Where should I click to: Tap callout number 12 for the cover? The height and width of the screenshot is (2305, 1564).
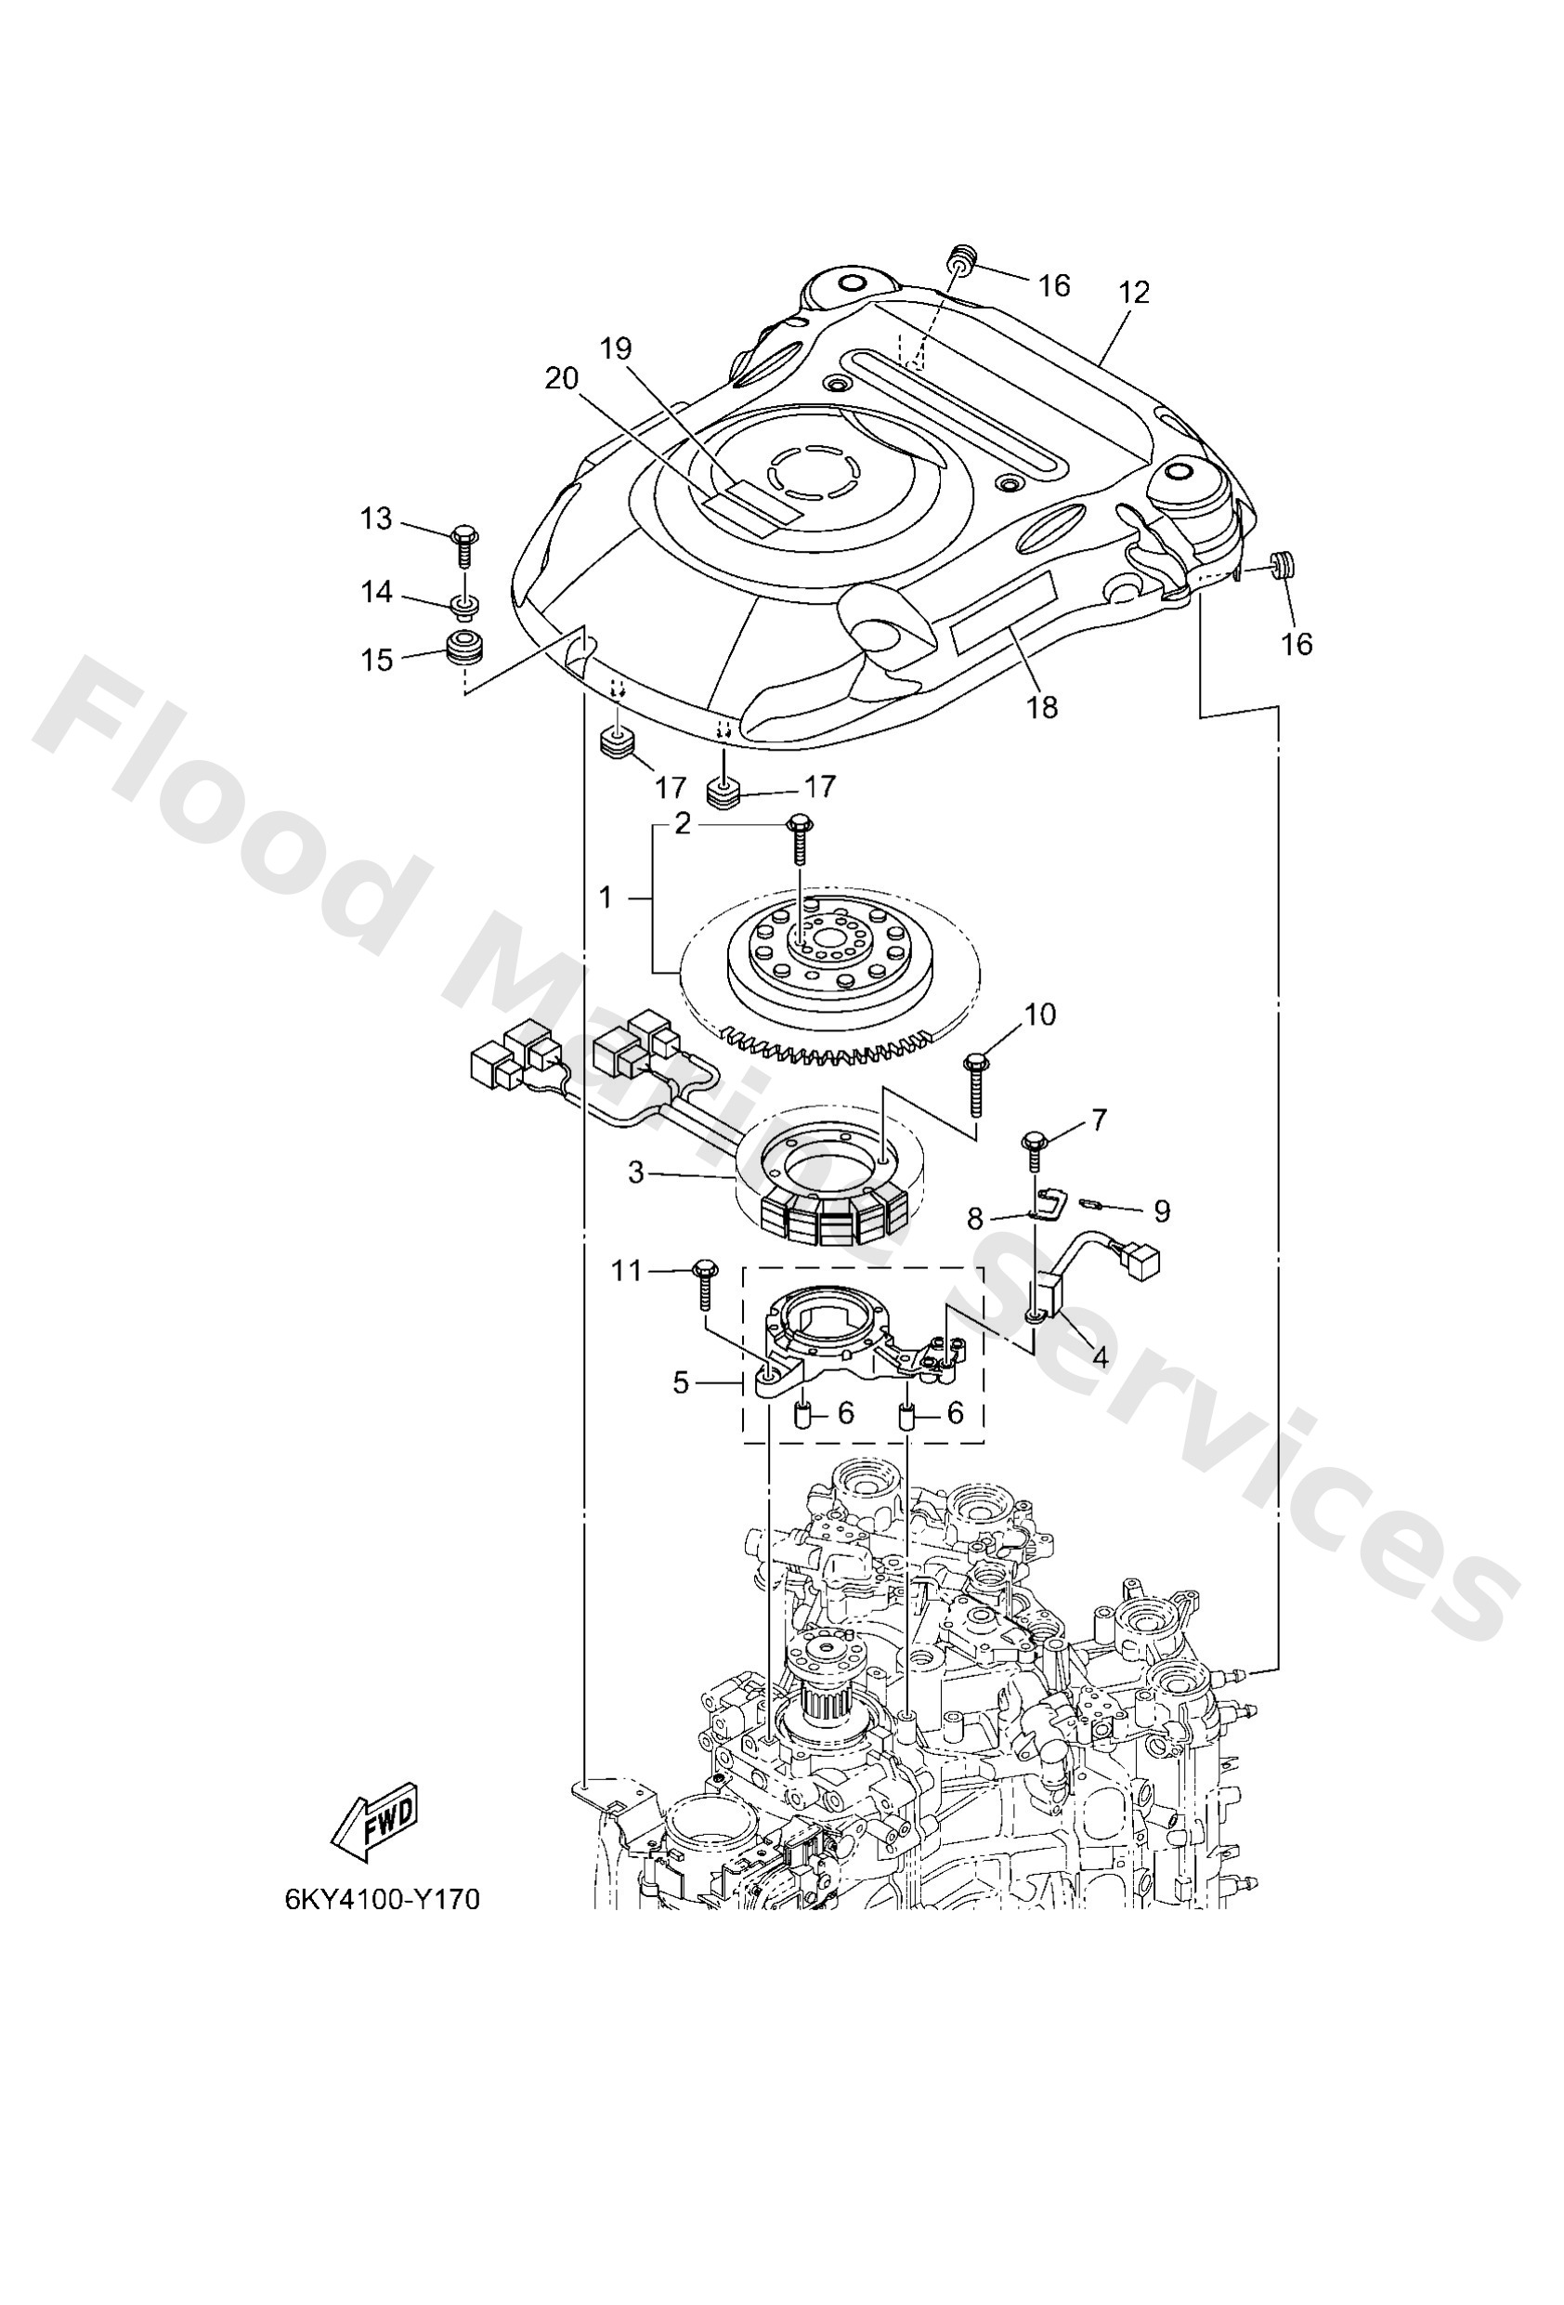(1134, 293)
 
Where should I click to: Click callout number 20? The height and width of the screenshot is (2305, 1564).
(561, 379)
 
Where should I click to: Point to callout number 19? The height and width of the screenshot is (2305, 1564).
(615, 348)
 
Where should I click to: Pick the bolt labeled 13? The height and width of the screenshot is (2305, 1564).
(463, 544)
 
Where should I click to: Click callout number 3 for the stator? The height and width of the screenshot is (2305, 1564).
(635, 1172)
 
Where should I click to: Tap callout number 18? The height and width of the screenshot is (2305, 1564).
(1042, 706)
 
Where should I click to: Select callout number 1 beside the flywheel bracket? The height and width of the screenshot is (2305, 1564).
(605, 897)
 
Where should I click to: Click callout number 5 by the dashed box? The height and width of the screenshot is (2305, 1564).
(681, 1382)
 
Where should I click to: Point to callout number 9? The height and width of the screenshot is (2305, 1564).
(1161, 1211)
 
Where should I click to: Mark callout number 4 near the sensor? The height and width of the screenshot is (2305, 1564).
(1100, 1355)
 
